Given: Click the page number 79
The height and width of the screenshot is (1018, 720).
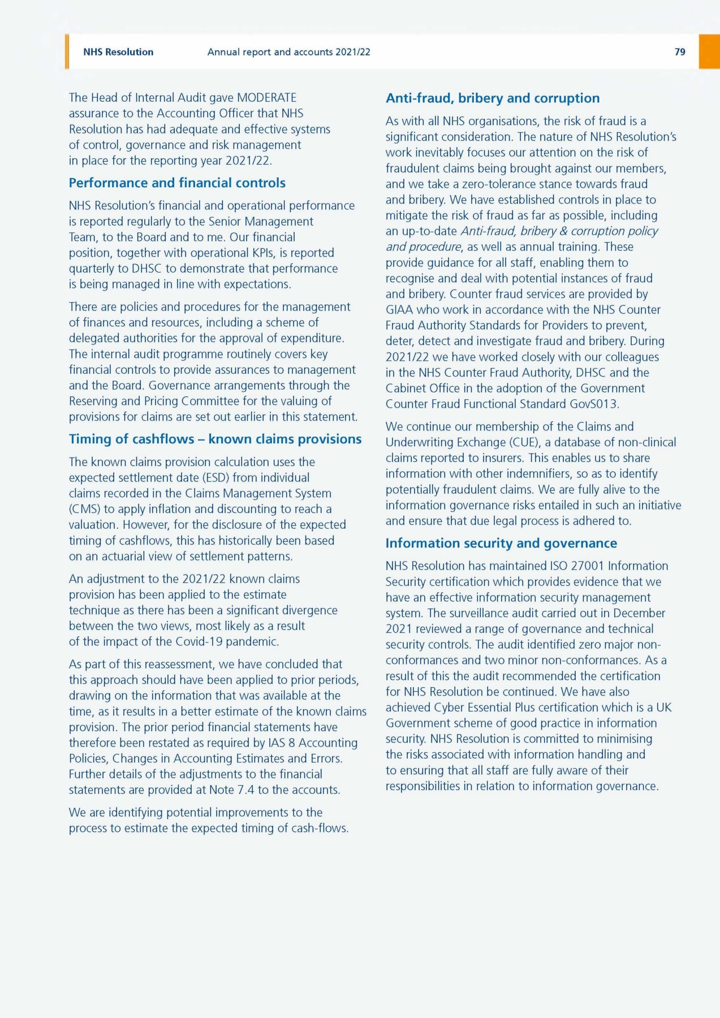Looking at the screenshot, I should (x=680, y=52).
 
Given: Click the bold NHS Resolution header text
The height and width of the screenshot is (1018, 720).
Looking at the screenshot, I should (x=118, y=52).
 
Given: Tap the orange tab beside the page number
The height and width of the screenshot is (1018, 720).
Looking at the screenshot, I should (x=709, y=51).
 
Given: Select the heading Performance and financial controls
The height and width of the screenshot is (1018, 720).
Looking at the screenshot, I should (x=177, y=183).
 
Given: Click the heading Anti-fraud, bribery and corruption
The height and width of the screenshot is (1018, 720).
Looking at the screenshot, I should (x=492, y=98).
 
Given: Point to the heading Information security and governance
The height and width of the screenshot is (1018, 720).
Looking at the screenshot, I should (x=501, y=543).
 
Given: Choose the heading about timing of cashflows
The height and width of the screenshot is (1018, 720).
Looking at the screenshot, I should (x=215, y=439).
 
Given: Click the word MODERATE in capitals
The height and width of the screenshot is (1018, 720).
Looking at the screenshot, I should (x=266, y=98).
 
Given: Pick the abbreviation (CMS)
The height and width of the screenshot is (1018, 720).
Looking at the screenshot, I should (x=84, y=509).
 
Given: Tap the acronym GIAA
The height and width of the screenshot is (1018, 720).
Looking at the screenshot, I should (x=399, y=309).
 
